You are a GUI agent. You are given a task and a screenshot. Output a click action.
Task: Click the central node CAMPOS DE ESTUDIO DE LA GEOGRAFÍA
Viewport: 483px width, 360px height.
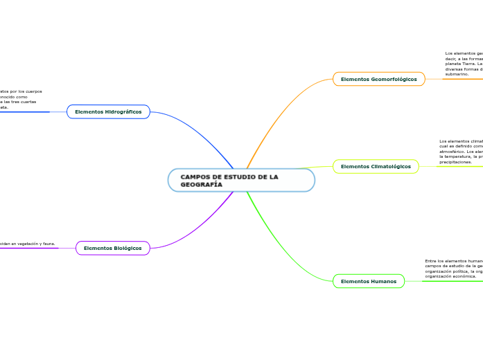240,180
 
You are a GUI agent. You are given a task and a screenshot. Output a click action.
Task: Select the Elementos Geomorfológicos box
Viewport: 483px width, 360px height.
378,79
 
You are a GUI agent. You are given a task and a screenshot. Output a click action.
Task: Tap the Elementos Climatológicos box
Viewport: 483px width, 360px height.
376,166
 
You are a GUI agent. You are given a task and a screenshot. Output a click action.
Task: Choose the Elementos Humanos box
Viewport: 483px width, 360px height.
368,281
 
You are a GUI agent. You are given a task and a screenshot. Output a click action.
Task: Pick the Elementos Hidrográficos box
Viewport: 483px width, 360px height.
108,111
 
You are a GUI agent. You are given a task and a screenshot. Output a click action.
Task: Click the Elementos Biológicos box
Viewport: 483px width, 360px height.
112,248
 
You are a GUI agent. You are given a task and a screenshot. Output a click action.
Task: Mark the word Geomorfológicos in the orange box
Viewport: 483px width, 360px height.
394,79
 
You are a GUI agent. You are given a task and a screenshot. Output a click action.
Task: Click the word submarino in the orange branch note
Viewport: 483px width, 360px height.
457,74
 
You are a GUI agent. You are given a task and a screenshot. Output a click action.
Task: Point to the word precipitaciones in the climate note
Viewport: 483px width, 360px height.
455,162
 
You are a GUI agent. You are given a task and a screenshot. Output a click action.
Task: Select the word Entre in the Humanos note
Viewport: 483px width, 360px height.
430,261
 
